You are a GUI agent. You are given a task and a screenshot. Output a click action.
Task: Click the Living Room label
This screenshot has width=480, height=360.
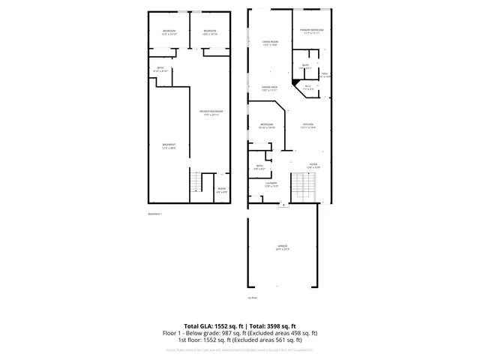coord(270,43)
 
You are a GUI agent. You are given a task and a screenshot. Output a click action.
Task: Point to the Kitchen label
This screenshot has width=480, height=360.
coord(308,125)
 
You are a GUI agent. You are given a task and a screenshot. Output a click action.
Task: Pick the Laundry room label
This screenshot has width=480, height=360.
coord(271,184)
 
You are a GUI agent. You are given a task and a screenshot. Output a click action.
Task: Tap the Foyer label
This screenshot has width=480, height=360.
coord(313,164)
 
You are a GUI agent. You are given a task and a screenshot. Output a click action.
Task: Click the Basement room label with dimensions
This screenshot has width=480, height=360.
coord(169,145)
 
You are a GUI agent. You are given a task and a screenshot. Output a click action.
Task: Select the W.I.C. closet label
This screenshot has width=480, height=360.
coord(308,88)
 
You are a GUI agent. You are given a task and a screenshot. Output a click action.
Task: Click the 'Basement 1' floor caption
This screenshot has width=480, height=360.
coord(156,214)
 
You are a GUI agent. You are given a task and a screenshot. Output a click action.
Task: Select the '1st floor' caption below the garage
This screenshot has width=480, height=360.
coord(253,298)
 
